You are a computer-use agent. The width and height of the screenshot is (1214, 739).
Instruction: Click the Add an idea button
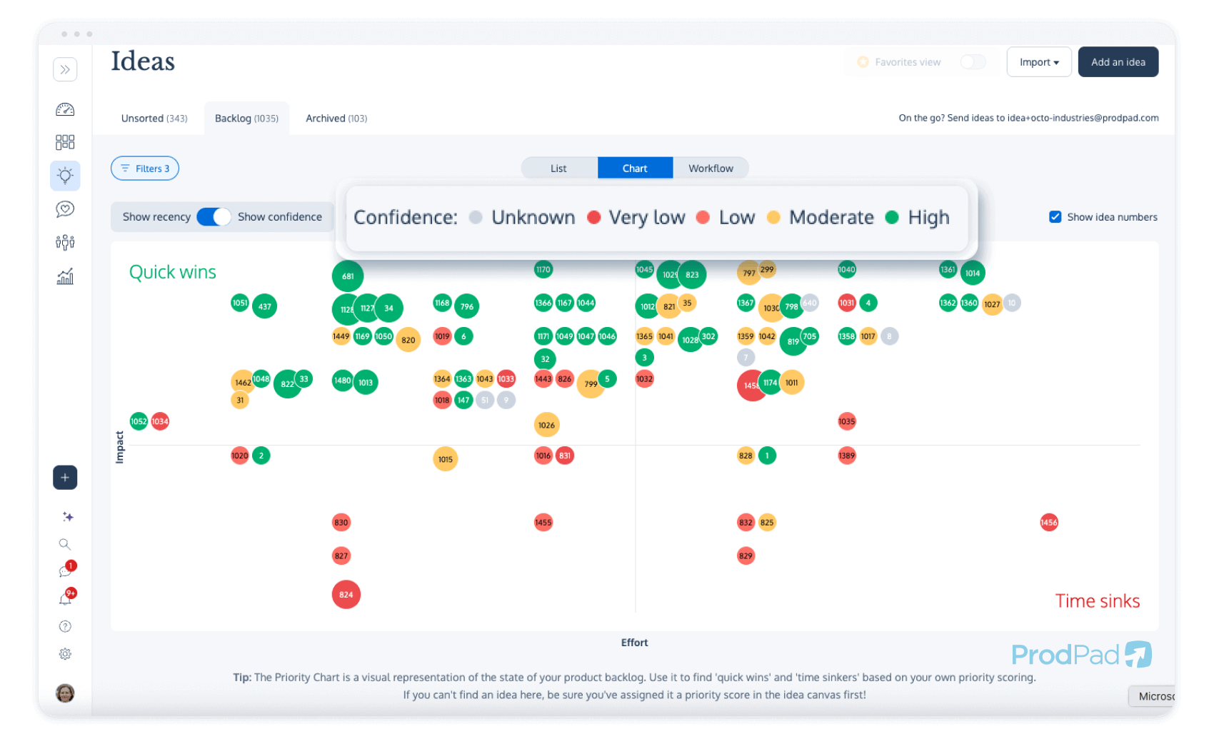(x=1118, y=62)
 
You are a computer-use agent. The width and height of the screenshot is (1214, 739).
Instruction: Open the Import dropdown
(x=1038, y=62)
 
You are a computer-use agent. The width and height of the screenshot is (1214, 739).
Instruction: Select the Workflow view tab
(x=710, y=169)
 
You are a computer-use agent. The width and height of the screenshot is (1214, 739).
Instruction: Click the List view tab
(x=558, y=169)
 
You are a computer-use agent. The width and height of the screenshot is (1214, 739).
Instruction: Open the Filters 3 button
(x=145, y=169)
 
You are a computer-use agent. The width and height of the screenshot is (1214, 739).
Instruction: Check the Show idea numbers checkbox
(x=1055, y=217)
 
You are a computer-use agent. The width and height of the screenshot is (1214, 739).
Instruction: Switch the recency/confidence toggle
(x=214, y=217)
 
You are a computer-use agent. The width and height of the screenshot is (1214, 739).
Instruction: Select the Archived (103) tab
(x=336, y=119)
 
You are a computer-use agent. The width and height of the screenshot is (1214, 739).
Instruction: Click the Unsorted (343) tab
(x=154, y=119)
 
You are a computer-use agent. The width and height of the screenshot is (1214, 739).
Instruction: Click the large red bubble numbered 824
(x=346, y=594)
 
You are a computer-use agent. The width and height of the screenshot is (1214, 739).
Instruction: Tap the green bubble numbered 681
(x=348, y=276)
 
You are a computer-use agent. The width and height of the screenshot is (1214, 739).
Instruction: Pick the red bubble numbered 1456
(x=1048, y=523)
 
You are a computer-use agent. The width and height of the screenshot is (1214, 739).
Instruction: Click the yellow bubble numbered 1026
(x=546, y=425)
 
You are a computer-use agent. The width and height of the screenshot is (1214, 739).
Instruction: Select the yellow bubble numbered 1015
(x=445, y=459)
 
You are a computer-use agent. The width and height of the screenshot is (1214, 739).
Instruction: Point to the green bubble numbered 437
(x=264, y=306)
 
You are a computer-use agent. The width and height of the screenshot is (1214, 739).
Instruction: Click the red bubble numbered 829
(x=746, y=555)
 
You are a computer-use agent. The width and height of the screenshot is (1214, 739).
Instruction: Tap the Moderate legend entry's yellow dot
(x=773, y=217)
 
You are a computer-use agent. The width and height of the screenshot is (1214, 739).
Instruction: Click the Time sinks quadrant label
(x=1097, y=601)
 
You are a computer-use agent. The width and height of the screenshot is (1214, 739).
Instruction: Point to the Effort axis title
(x=634, y=643)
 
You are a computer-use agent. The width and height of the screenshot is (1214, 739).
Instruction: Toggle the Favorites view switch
(x=973, y=62)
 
